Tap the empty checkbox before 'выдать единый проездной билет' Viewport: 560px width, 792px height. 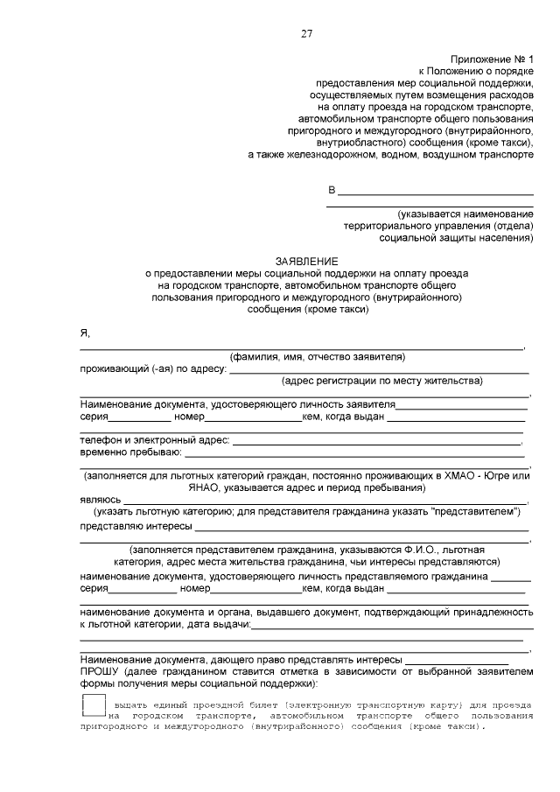(93, 705)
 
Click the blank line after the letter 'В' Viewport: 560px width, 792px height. (435, 192)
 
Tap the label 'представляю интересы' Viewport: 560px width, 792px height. (135, 527)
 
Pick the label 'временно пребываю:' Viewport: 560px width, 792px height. (130, 452)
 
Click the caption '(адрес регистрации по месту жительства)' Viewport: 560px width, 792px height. (382, 382)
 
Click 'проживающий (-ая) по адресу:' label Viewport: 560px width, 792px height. (152, 369)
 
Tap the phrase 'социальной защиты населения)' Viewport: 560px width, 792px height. (456, 236)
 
